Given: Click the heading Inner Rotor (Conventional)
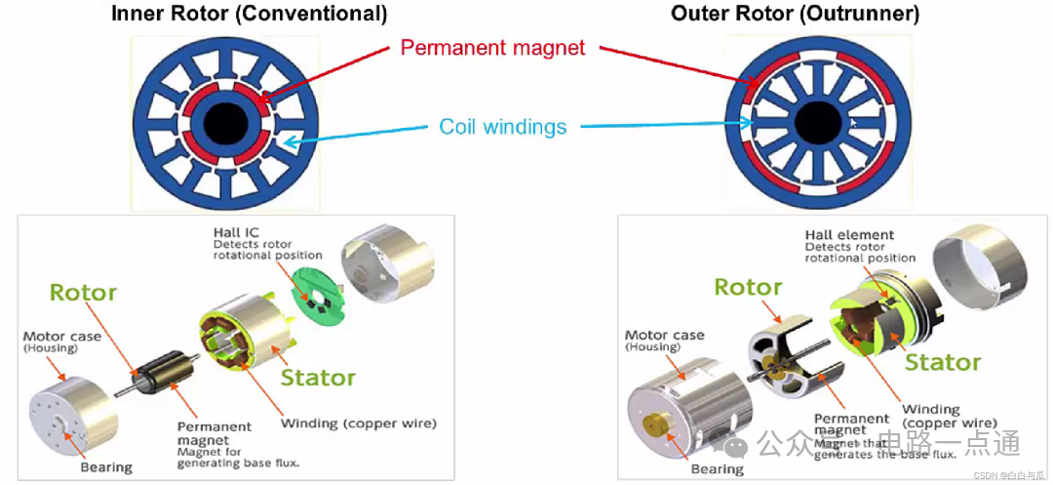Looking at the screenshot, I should click(x=249, y=14).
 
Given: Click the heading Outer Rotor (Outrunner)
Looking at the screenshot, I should click(x=795, y=14).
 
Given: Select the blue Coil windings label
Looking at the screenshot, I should click(x=502, y=127).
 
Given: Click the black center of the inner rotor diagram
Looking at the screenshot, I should click(x=226, y=121).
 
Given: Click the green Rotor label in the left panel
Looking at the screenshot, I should click(x=83, y=293).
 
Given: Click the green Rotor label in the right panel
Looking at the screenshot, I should click(x=748, y=287).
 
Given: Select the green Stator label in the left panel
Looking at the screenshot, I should click(x=318, y=377).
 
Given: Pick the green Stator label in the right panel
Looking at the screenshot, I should click(x=943, y=363).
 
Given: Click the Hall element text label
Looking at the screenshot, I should click(x=849, y=235).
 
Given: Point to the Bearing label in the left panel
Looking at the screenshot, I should click(x=106, y=467).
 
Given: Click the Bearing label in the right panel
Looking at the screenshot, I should click(x=718, y=469).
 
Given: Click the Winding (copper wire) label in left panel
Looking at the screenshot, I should click(x=358, y=424).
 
